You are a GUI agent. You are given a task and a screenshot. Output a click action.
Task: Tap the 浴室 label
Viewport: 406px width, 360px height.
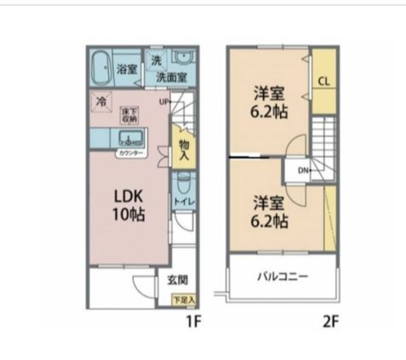(128, 69)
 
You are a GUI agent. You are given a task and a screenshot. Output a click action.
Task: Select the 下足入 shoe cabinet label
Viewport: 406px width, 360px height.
(183, 300)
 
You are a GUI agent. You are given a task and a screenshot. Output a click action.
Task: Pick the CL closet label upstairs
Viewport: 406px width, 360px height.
(323, 82)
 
